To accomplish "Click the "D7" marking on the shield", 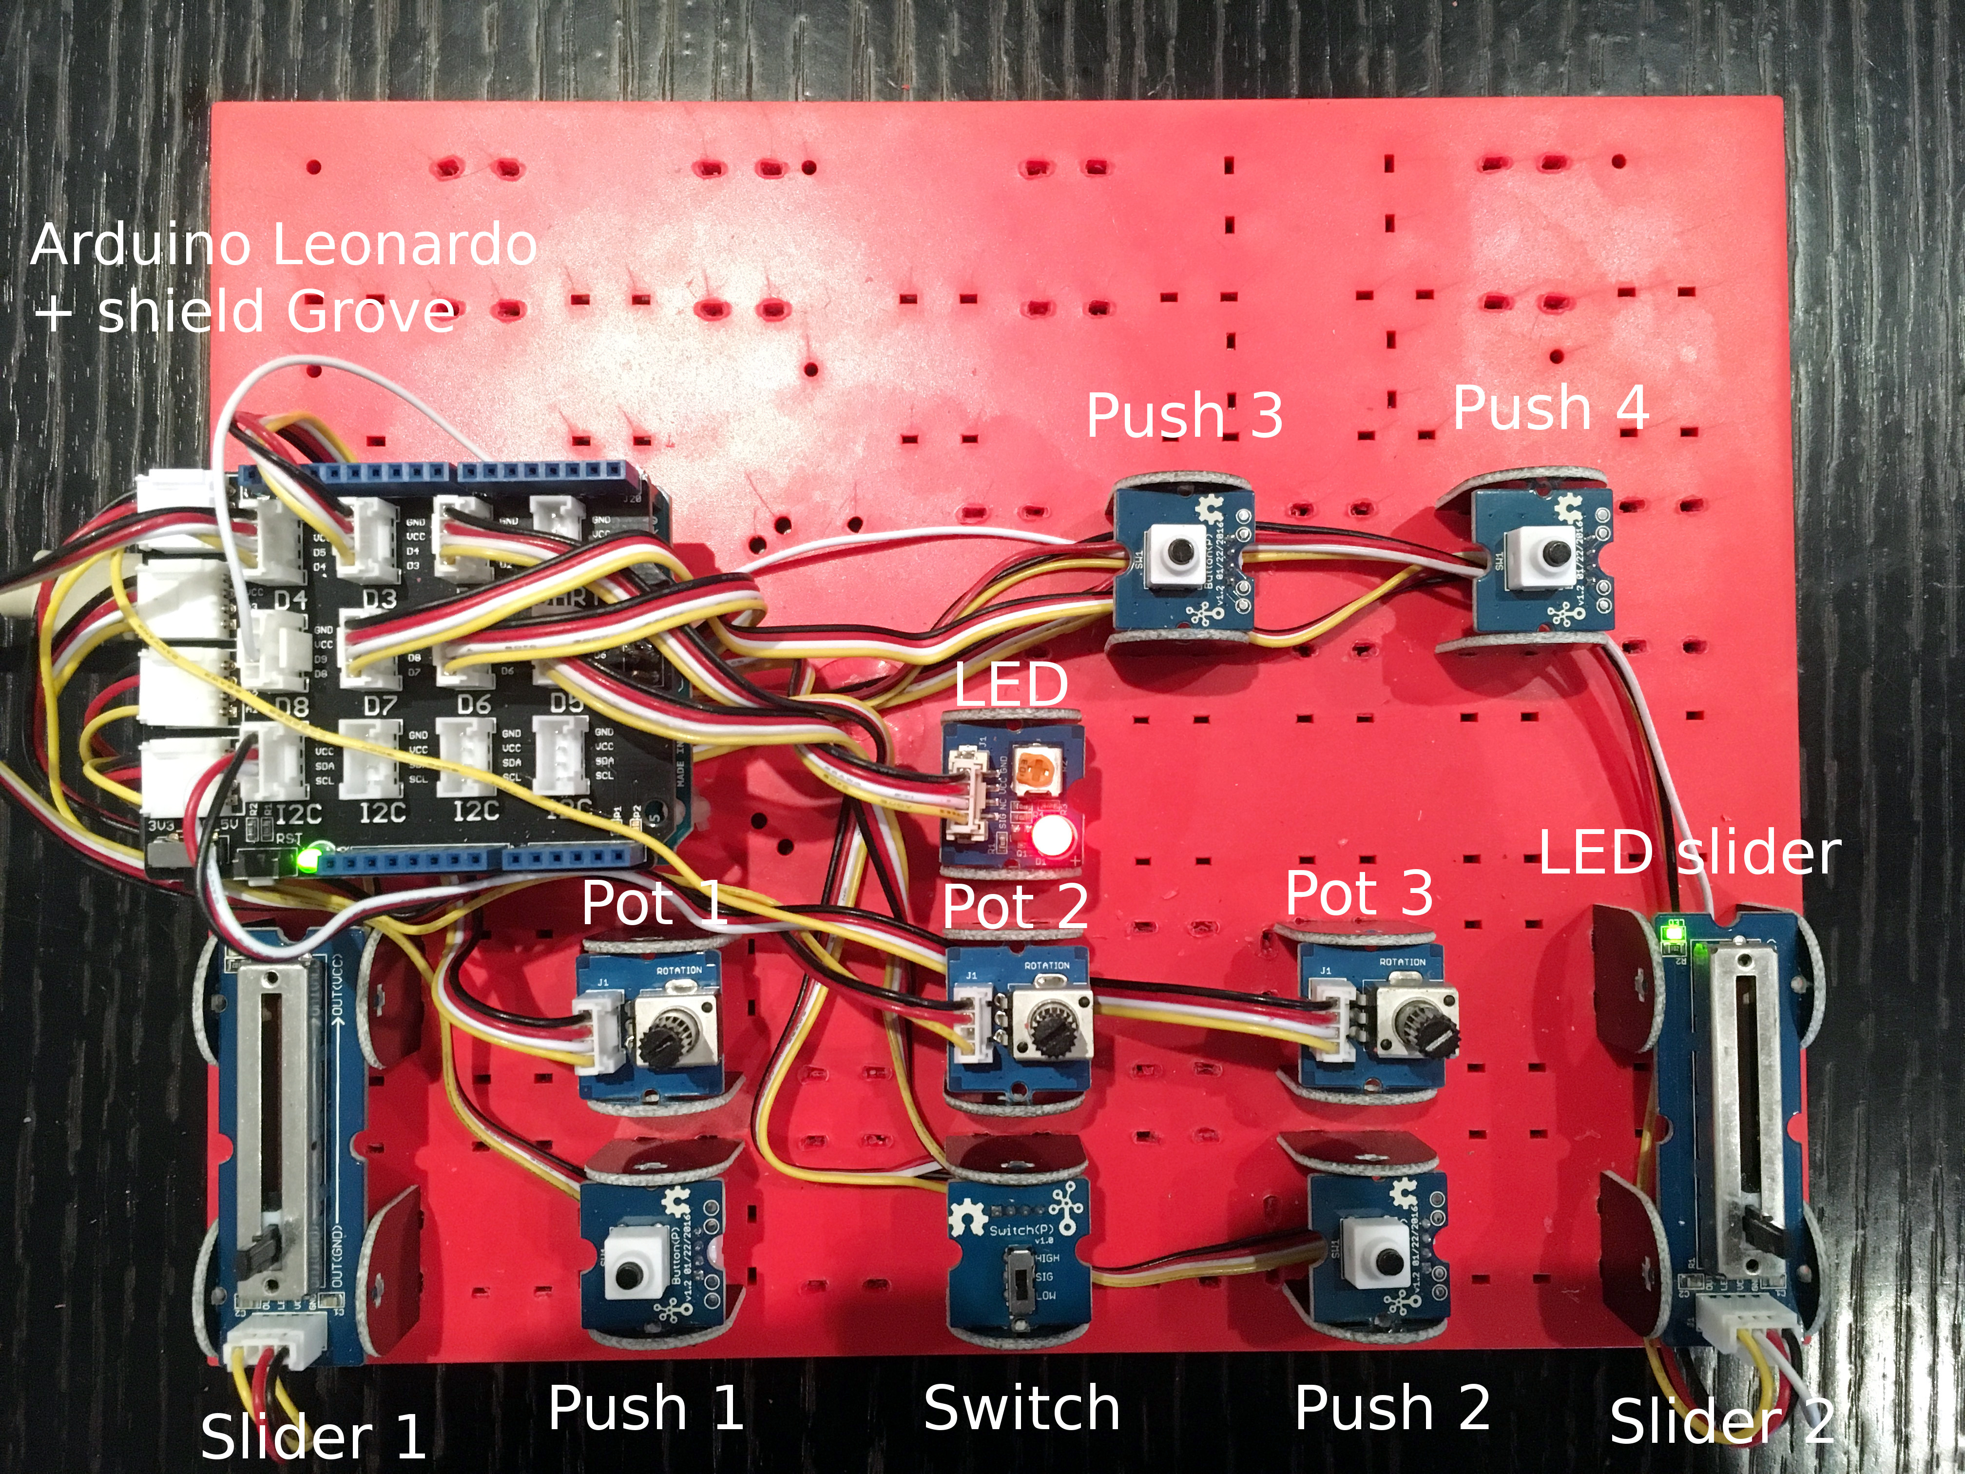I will [x=380, y=706].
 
